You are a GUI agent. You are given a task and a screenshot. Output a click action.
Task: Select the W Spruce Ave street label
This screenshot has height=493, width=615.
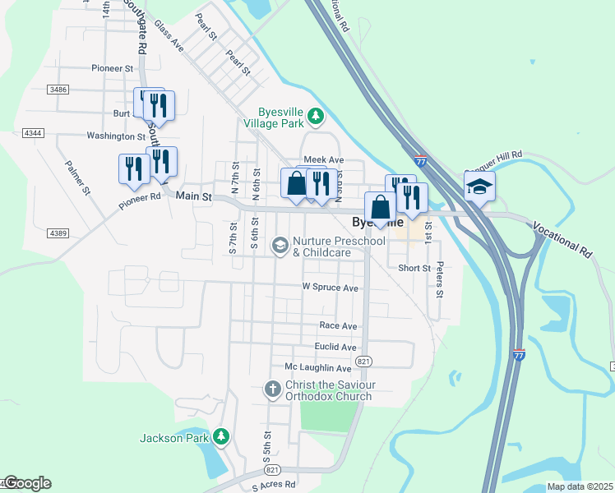point(331,288)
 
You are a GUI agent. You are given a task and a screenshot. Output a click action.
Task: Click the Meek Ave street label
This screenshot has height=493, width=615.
point(323,159)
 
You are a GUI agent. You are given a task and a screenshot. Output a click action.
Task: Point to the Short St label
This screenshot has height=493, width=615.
point(414,269)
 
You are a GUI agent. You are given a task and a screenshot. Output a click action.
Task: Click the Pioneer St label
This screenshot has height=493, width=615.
point(113,68)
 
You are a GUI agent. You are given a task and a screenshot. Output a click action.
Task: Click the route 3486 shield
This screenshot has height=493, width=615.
point(58,89)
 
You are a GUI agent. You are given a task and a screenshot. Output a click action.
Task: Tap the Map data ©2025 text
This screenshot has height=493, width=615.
point(580,486)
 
